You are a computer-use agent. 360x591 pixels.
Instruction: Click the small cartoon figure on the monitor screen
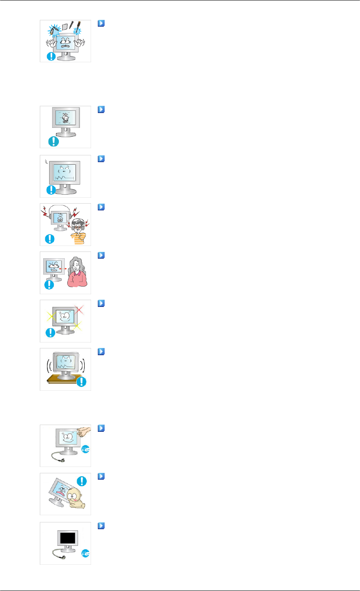point(65,118)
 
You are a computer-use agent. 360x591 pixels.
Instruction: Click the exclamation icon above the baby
point(81,481)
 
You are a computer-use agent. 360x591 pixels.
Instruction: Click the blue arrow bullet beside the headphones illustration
point(100,207)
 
